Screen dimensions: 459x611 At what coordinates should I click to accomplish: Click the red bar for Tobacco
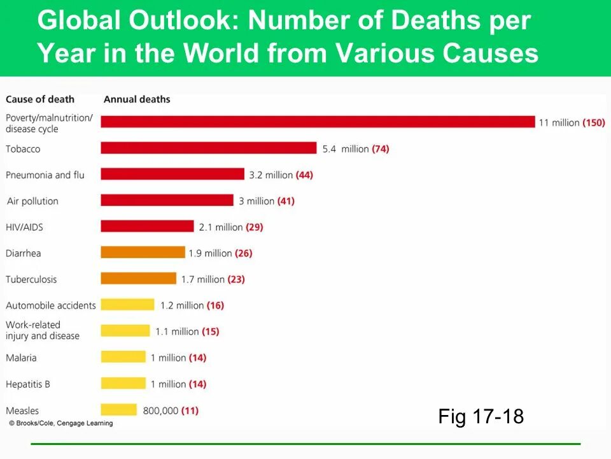tap(208, 148)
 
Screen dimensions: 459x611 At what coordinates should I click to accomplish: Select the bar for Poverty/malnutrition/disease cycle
tap(318, 122)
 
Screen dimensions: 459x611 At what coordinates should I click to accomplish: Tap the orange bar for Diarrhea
tap(143, 252)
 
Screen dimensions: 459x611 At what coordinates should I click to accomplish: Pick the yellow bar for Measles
tap(118, 410)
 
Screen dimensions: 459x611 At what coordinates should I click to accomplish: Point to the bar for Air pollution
tap(167, 200)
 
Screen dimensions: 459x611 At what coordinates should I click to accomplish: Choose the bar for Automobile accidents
tap(127, 305)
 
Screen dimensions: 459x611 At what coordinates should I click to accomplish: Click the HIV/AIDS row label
tap(24, 227)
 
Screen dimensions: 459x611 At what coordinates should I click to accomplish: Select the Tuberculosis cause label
tap(31, 279)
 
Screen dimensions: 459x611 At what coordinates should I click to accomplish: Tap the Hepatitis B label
tap(27, 384)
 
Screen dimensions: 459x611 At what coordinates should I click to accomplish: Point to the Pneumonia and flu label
tap(45, 175)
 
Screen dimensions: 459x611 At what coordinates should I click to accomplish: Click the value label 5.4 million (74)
tap(355, 149)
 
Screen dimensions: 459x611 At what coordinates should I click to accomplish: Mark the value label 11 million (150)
tap(572, 122)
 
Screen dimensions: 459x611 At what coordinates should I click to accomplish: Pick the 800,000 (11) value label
tap(171, 411)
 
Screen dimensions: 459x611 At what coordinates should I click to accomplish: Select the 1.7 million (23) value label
tap(213, 279)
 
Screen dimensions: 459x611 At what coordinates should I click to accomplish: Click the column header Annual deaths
tap(137, 99)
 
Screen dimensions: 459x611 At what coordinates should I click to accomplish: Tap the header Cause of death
tap(40, 99)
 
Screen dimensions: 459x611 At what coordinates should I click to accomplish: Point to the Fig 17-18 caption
tap(481, 417)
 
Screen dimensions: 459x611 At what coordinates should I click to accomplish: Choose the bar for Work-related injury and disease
tap(125, 331)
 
